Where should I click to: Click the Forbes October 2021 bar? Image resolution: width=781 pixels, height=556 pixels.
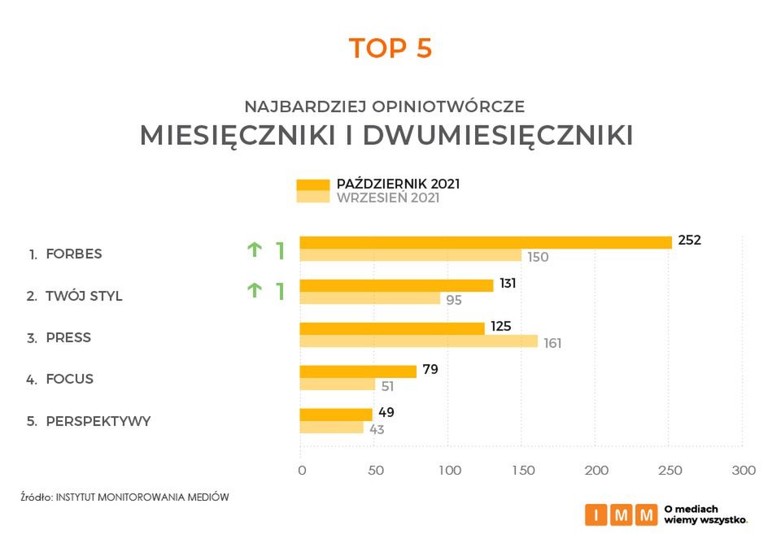[486, 242]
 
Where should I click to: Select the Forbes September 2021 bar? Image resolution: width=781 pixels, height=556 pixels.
[411, 255]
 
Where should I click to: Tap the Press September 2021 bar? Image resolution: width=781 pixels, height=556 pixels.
[419, 341]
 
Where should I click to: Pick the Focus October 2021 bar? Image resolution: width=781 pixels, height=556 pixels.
[358, 371]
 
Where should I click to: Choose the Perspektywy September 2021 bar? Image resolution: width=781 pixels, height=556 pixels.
[332, 428]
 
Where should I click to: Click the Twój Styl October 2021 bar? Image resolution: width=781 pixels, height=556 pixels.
[396, 285]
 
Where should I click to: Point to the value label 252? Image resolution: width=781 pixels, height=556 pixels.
[689, 241]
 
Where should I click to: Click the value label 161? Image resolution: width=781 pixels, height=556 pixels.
[552, 343]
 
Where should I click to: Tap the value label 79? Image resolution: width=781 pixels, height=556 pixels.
[431, 371]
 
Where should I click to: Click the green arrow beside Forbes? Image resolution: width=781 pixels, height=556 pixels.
[255, 250]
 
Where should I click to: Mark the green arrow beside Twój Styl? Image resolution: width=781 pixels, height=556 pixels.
[255, 290]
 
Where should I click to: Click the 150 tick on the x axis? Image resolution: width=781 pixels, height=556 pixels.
[522, 471]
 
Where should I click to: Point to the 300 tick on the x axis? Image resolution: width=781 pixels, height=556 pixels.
[744, 471]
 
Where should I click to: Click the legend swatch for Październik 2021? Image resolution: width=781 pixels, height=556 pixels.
[312, 184]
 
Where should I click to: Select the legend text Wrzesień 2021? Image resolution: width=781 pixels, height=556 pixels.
[388, 198]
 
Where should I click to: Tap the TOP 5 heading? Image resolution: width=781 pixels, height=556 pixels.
[390, 49]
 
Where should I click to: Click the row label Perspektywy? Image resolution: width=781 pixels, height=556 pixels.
[98, 421]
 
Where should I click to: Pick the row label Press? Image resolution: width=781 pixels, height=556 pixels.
[68, 337]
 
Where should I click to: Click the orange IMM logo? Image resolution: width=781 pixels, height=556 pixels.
[621, 515]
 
